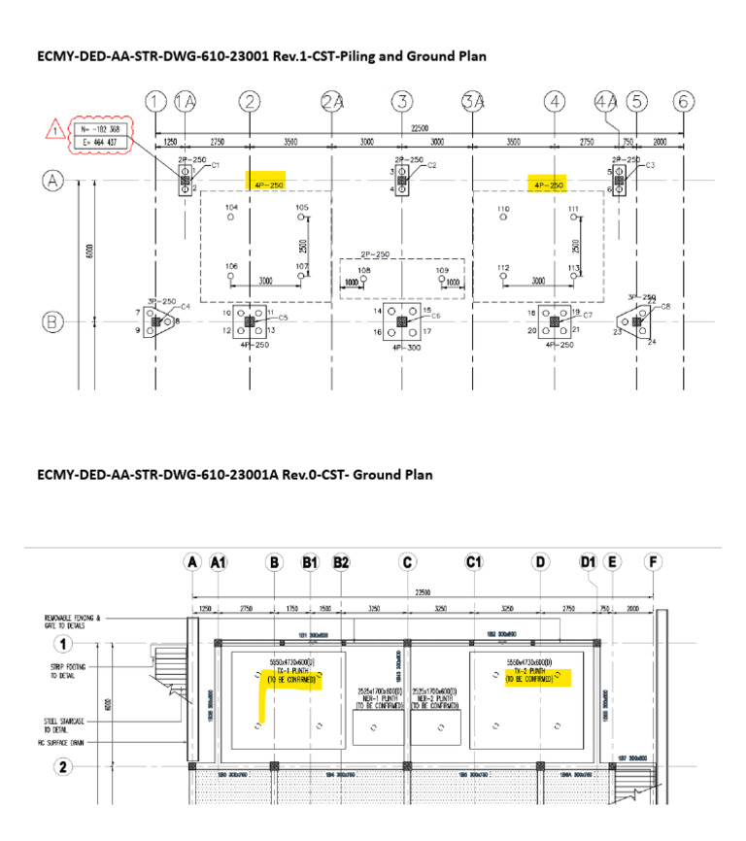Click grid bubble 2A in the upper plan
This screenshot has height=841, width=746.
tap(333, 102)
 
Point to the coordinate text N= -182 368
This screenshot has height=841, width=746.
tap(100, 128)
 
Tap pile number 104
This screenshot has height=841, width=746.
tap(231, 209)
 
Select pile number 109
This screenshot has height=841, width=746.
tap(443, 270)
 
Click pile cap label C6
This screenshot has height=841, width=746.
tap(435, 317)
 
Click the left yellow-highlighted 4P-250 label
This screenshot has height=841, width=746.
tap(265, 185)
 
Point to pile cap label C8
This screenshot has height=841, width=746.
tap(665, 307)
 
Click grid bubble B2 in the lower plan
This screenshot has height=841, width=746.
tap(341, 562)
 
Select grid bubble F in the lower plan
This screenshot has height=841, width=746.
tap(653, 562)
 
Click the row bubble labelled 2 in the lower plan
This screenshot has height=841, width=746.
tap(64, 766)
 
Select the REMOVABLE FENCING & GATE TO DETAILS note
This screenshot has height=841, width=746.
tap(72, 622)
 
